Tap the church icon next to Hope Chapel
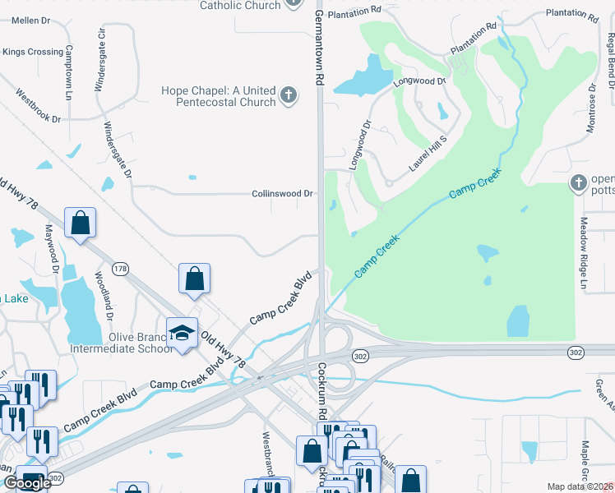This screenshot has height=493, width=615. [288, 96]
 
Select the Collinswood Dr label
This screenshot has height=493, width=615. [282, 194]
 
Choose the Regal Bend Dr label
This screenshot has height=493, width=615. [610, 62]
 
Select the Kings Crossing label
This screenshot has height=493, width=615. [33, 52]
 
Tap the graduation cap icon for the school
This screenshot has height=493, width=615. [183, 333]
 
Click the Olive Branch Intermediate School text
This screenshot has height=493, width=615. [141, 343]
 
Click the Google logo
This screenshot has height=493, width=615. [27, 483]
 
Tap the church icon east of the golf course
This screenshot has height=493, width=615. [578, 182]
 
